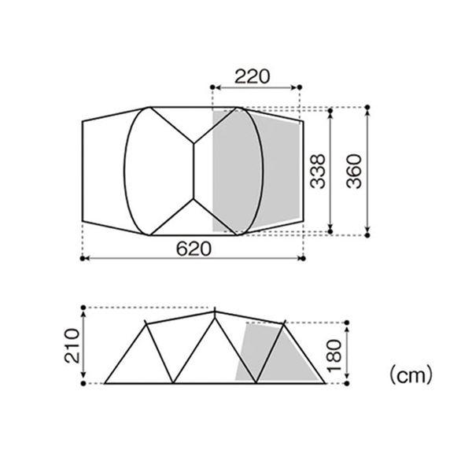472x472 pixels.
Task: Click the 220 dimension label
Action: point(253,76)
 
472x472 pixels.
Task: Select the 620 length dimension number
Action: point(194,249)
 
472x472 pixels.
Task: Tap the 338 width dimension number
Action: point(318,171)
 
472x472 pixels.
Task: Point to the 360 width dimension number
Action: point(354,171)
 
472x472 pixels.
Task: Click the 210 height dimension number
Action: point(72,345)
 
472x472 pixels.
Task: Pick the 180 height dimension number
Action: point(334,356)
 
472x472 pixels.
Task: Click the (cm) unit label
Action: point(411,375)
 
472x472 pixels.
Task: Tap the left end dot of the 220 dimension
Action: point(212,87)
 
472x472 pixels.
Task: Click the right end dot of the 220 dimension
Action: point(300,87)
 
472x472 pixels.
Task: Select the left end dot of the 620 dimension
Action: point(83,259)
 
